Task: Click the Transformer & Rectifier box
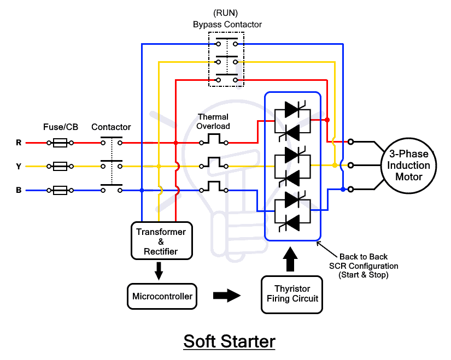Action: click(162, 241)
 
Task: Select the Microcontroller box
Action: click(162, 297)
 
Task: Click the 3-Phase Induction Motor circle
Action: click(409, 166)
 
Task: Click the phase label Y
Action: click(19, 167)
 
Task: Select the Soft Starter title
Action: click(229, 341)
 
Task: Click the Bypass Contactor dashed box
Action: click(226, 59)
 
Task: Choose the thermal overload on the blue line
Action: click(213, 188)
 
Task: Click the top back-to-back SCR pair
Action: click(292, 120)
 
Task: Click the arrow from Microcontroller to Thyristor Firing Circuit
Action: click(226, 296)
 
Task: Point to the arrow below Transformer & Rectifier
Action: click(159, 270)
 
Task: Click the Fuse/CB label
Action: click(60, 127)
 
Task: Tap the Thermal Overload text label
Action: click(214, 121)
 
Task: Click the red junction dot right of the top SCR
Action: click(327, 120)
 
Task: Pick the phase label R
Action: click(19, 143)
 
